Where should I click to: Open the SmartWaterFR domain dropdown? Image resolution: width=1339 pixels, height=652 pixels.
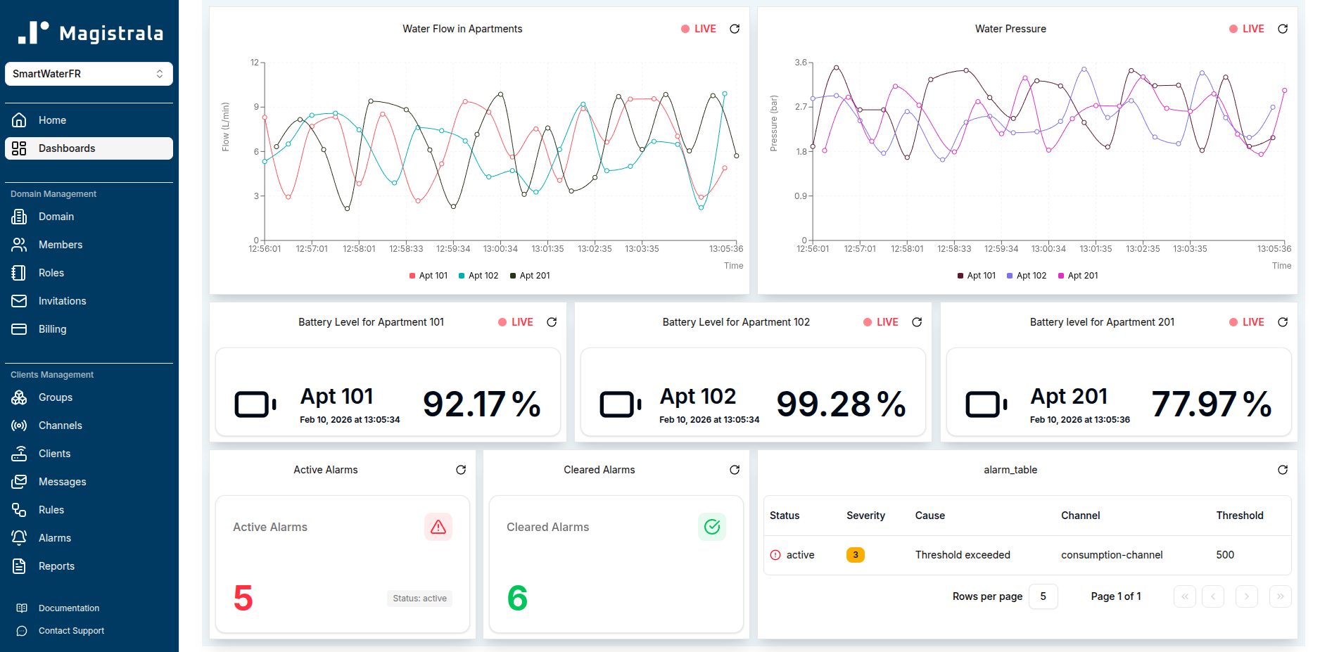(89, 74)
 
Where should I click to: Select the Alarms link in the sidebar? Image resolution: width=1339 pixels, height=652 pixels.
(54, 538)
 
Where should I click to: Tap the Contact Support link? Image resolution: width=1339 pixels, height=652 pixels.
(71, 631)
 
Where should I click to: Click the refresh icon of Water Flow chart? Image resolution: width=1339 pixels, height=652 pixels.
(735, 29)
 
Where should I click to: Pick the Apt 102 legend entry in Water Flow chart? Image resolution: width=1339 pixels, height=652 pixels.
(478, 276)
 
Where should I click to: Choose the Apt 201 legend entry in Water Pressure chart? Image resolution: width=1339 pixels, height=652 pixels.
(1078, 276)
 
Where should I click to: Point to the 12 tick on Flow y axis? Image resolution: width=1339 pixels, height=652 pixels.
(255, 63)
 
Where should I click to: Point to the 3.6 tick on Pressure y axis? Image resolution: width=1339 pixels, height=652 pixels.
(801, 63)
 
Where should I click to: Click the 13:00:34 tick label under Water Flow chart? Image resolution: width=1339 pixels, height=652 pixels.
(500, 249)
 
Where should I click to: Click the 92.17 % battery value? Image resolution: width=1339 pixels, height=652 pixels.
(482, 404)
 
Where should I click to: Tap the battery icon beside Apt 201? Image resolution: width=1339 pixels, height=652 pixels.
(986, 404)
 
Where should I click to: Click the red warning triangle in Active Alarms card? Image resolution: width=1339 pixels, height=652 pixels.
(438, 527)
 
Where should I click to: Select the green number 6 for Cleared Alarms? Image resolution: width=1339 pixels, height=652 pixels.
(517, 598)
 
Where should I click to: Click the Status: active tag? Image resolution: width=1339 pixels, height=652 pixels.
(419, 599)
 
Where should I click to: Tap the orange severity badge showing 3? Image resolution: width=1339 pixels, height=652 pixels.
(855, 555)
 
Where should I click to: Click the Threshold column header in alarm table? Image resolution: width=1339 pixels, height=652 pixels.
(1239, 516)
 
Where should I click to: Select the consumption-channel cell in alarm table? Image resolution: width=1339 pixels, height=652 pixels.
(1111, 555)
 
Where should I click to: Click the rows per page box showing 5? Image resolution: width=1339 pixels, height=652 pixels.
(1043, 596)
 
